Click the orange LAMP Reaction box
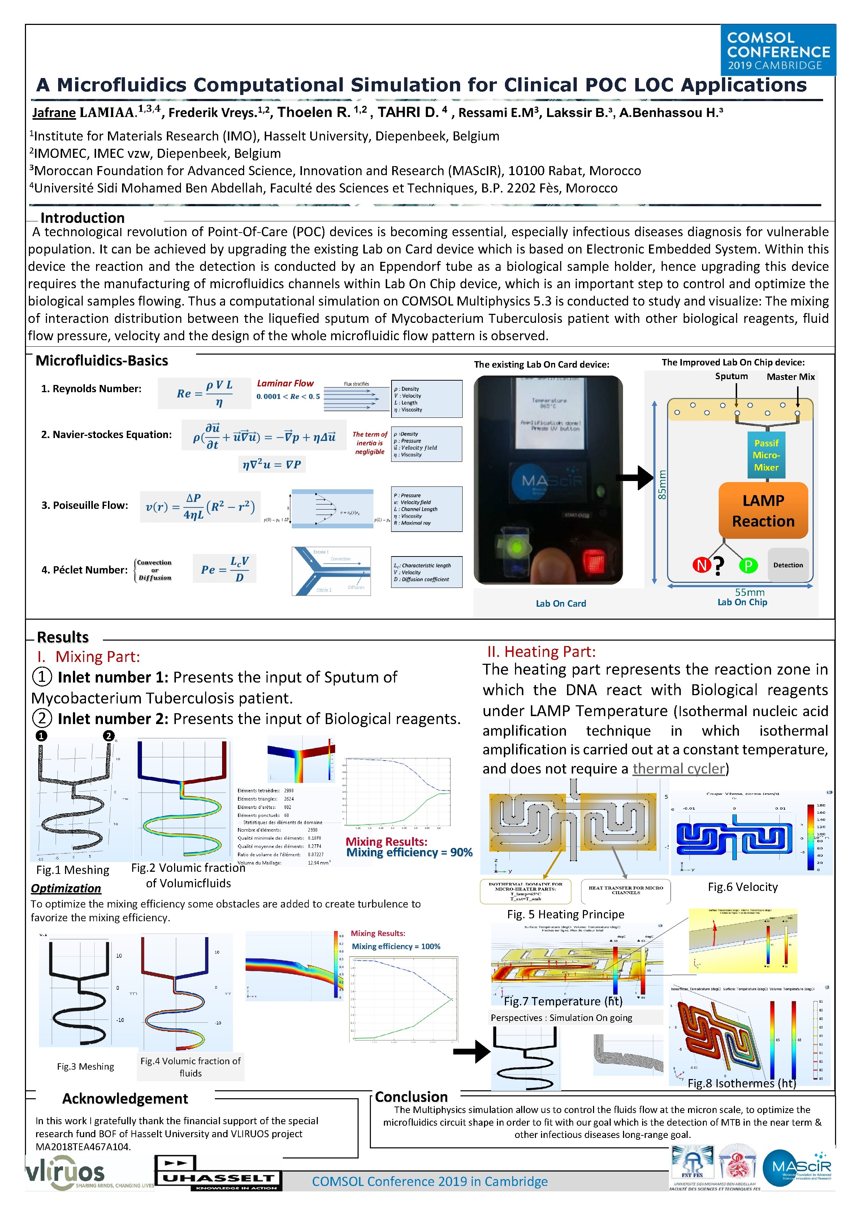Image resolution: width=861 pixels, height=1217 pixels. tap(763, 510)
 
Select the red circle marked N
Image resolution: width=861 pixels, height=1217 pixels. tap(701, 565)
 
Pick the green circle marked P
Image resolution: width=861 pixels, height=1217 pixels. tap(748, 566)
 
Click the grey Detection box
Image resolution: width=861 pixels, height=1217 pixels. tap(788, 565)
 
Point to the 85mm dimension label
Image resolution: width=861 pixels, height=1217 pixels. tap(662, 485)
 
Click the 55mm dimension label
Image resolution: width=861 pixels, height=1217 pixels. tap(750, 592)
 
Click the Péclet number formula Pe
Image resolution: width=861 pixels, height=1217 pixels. tap(224, 569)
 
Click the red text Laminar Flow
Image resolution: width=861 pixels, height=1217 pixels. tap(285, 383)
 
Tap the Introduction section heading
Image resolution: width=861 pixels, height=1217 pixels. tap(82, 218)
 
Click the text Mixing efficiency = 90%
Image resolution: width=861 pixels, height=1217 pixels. tap(409, 852)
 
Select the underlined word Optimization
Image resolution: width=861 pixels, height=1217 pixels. tap(66, 888)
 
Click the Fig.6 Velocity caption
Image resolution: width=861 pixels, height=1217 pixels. tap(742, 887)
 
